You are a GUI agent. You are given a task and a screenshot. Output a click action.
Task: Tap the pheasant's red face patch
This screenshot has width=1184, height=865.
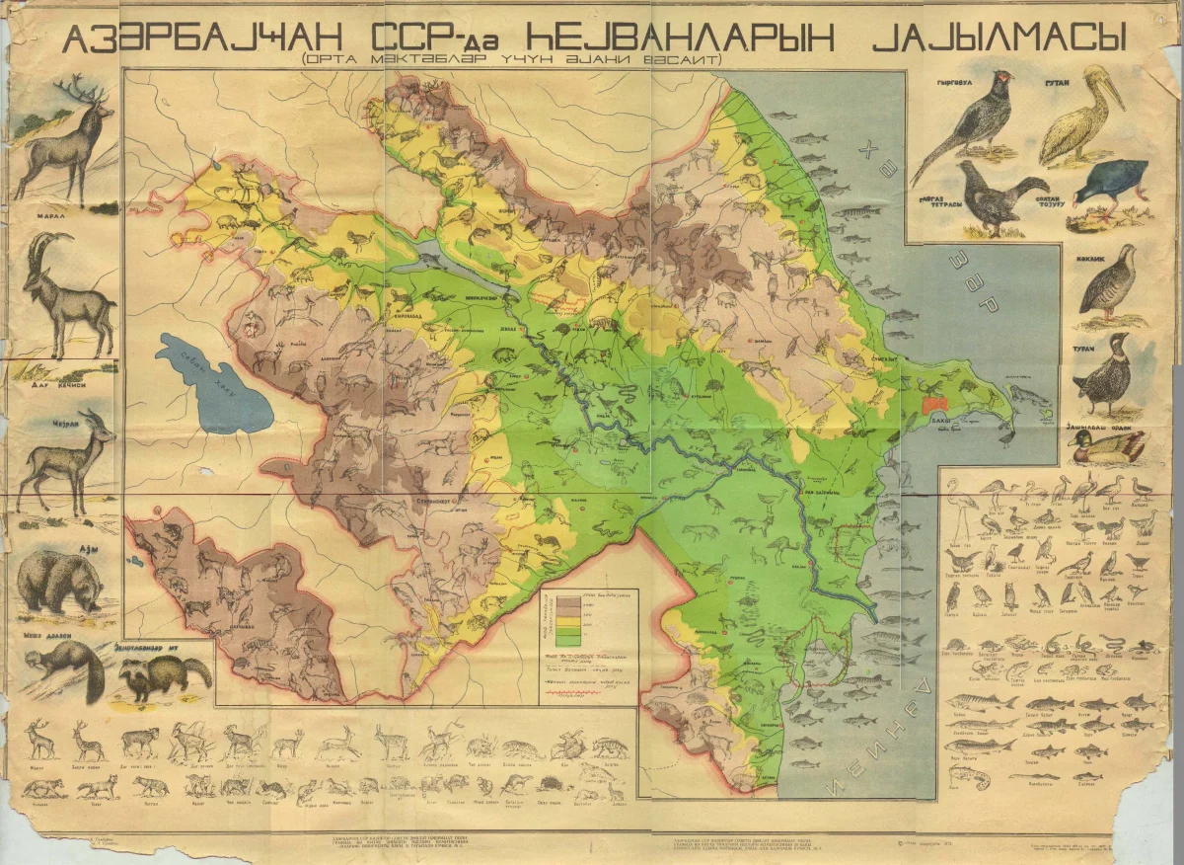[x=1003, y=76]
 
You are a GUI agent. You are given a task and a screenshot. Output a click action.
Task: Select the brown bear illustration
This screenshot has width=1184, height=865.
[x=59, y=583]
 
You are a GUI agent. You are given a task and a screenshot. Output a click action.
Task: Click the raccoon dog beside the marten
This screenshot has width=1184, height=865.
[x=163, y=676]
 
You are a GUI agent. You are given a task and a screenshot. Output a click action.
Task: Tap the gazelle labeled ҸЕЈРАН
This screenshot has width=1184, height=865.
[x=64, y=459]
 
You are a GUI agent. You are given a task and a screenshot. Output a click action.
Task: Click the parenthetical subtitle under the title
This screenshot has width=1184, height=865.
[x=513, y=59]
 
